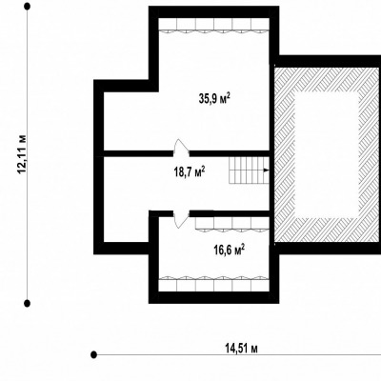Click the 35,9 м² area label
pyautogui.click(x=214, y=99)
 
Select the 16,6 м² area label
pyautogui.click(x=230, y=250)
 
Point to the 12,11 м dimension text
pyautogui.click(x=23, y=153)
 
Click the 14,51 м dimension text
pyautogui.click(x=241, y=349)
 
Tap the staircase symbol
pyautogui.click(x=249, y=170)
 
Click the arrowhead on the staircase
pyautogui.click(x=266, y=170)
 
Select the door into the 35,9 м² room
pyautogui.click(x=182, y=148)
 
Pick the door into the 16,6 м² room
pyautogui.click(x=181, y=219)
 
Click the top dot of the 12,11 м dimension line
pyautogui.click(x=28, y=7)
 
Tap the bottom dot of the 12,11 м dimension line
pyautogui.click(x=28, y=303)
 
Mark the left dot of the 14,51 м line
pyautogui.click(x=93, y=354)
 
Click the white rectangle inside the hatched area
pyautogui.click(x=328, y=154)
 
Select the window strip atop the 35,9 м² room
pyautogui.click(x=214, y=25)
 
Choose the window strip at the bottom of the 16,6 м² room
pyautogui.click(x=214, y=284)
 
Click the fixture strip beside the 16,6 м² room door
pyautogui.click(x=232, y=224)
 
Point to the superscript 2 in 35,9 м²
pyautogui.click(x=228, y=95)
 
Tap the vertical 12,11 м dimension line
pyautogui.click(x=28, y=155)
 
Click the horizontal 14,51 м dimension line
pyautogui.click(x=237, y=354)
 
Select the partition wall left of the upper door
pyautogui.click(x=138, y=153)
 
